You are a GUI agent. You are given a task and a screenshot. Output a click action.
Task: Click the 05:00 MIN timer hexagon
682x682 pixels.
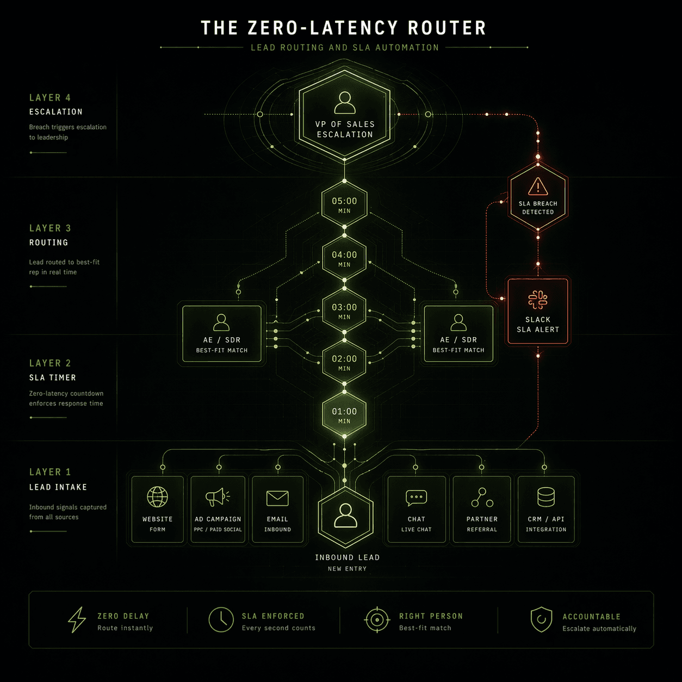pyautogui.click(x=344, y=205)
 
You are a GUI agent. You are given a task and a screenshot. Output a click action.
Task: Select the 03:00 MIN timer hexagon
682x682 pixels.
pyautogui.click(x=344, y=311)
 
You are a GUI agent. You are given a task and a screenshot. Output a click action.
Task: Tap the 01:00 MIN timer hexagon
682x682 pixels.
pyautogui.click(x=344, y=416)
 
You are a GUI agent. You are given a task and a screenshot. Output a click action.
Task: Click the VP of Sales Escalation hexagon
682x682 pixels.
pyautogui.click(x=345, y=116)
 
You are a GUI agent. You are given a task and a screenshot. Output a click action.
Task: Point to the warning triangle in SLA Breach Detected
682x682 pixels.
pyautogui.click(x=538, y=187)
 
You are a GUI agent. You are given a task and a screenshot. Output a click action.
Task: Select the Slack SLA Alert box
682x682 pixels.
pyautogui.click(x=538, y=311)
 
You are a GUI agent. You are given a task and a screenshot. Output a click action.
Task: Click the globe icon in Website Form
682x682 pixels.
pyautogui.click(x=157, y=497)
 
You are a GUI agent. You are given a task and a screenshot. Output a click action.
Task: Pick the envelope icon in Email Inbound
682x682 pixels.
pyautogui.click(x=277, y=498)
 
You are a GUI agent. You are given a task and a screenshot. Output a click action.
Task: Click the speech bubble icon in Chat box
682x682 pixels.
pyautogui.click(x=416, y=497)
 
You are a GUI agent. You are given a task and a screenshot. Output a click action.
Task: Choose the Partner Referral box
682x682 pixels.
pyautogui.click(x=482, y=510)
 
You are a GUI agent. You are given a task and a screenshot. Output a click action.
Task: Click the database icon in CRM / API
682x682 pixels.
pyautogui.click(x=545, y=497)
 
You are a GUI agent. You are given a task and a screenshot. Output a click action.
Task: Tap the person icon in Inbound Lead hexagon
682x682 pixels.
pyautogui.click(x=345, y=514)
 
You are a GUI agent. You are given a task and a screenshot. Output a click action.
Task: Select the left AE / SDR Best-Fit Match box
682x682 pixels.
pyautogui.click(x=221, y=334)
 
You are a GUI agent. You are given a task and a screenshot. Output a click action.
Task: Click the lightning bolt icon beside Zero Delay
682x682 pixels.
pyautogui.click(x=77, y=620)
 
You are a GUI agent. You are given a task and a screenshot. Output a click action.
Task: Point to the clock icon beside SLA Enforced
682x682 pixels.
pyautogui.click(x=221, y=619)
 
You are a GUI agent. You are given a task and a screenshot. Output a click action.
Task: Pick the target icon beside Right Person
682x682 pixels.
pyautogui.click(x=377, y=619)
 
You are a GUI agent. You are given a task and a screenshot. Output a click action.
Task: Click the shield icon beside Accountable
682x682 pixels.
pyautogui.click(x=541, y=620)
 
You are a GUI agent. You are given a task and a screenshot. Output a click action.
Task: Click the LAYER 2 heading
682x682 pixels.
pyautogui.click(x=50, y=363)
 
